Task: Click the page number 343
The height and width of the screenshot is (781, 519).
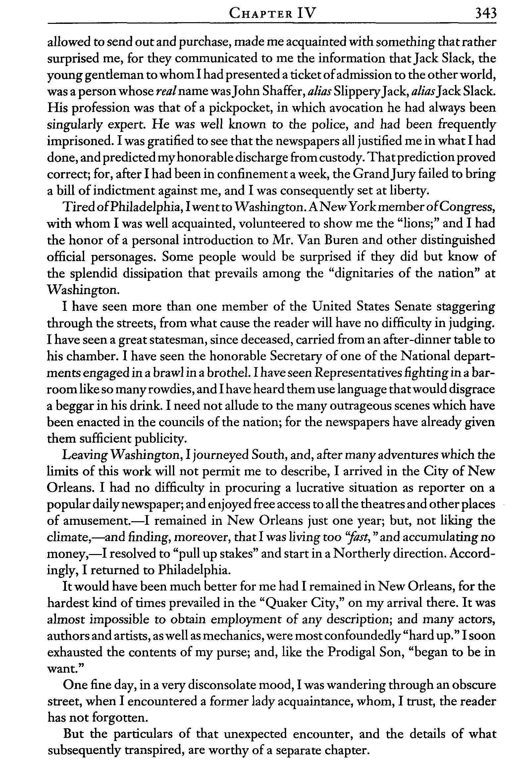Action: click(x=486, y=14)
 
